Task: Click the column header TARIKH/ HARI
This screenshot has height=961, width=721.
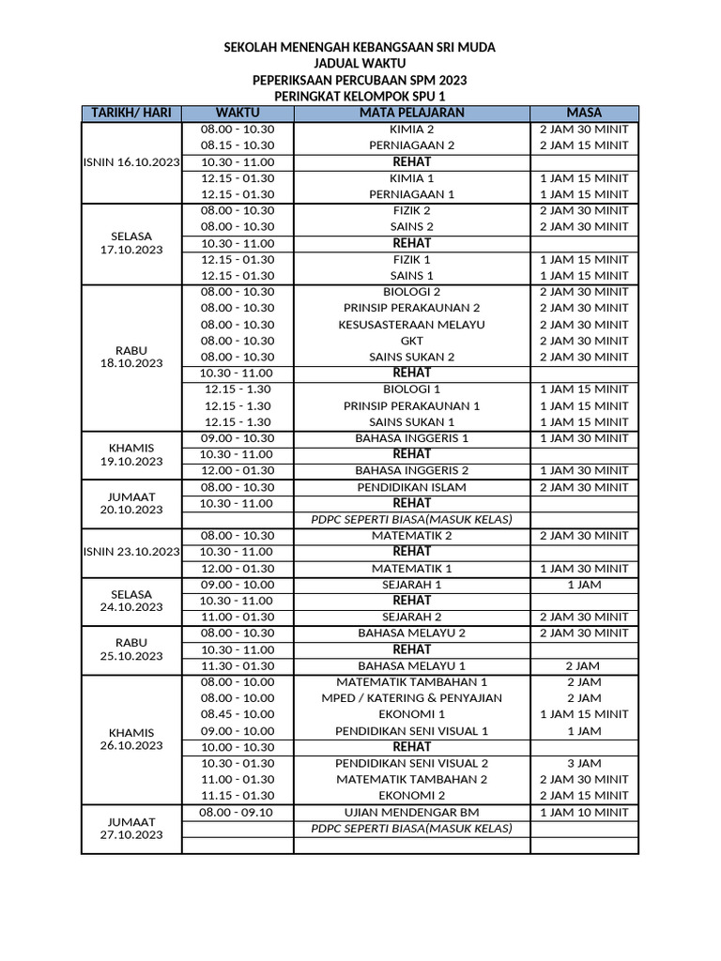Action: (x=130, y=114)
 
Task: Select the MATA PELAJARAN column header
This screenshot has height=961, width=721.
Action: (x=411, y=114)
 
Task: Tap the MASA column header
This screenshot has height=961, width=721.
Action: (x=584, y=114)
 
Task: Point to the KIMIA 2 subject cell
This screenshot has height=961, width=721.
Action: (x=411, y=130)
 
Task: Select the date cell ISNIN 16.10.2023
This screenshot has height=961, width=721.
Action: (x=130, y=162)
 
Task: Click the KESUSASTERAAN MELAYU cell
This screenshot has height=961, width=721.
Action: (x=411, y=325)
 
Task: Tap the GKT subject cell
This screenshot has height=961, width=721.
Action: (x=411, y=341)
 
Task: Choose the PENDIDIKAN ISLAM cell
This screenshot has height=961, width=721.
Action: (x=411, y=487)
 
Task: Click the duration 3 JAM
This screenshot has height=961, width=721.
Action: (x=584, y=763)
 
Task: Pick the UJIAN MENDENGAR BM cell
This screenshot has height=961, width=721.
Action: (x=411, y=812)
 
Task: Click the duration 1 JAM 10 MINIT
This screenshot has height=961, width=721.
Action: (x=584, y=812)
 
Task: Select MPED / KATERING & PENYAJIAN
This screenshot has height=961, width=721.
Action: (x=411, y=698)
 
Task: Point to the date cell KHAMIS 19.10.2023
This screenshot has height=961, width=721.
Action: (x=130, y=454)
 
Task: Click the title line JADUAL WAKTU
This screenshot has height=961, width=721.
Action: (x=360, y=63)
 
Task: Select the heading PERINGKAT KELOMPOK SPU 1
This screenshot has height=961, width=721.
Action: (x=360, y=97)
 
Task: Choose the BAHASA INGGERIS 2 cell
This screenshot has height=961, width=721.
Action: (x=411, y=470)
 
